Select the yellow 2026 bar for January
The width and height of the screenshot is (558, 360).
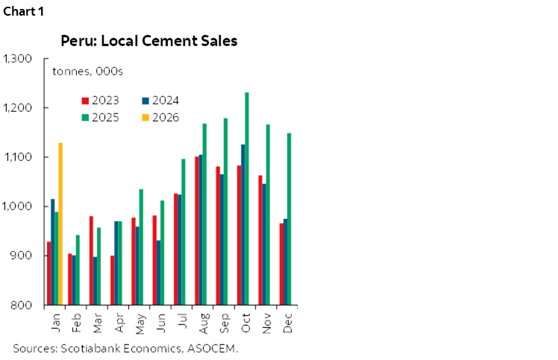coord(60,224)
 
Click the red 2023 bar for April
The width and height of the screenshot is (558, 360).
coord(112,280)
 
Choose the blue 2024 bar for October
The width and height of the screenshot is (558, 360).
coord(242,224)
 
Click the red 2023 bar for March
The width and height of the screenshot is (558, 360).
coord(91,260)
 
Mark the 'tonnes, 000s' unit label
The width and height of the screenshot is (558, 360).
coord(87,72)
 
